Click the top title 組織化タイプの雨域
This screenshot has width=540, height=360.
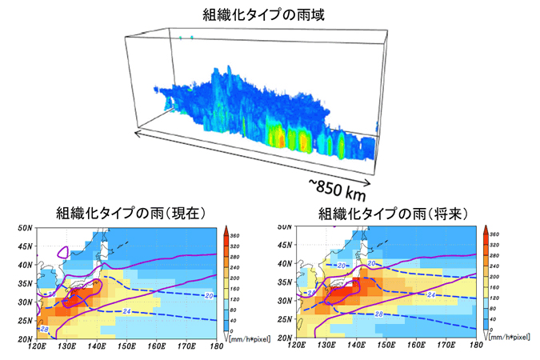tap(270, 13)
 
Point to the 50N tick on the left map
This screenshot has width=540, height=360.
tap(24, 229)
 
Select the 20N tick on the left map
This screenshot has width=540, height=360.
tap(24, 338)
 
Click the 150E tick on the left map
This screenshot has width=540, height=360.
tap(126, 346)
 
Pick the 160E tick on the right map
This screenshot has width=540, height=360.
tap(418, 346)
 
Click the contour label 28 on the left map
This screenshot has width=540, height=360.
tap(45, 330)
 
